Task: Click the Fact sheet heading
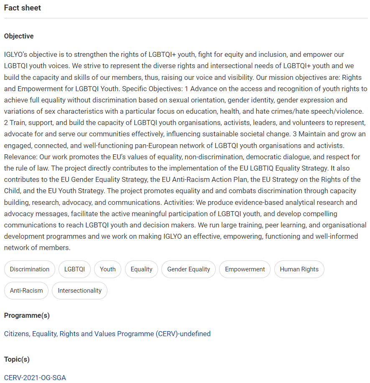pyautogui.click(x=23, y=8)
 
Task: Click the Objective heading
pyautogui.click(x=19, y=36)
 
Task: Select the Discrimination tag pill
pyautogui.click(x=30, y=269)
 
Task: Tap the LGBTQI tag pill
pyautogui.click(x=74, y=269)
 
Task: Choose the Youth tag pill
pyautogui.click(x=107, y=269)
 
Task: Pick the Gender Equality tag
pyautogui.click(x=189, y=269)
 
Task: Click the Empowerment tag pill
pyautogui.click(x=245, y=269)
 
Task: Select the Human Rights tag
pyautogui.click(x=299, y=269)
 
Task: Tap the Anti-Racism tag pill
pyautogui.click(x=26, y=291)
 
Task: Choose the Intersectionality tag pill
pyautogui.click(x=79, y=291)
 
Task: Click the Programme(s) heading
pyautogui.click(x=27, y=316)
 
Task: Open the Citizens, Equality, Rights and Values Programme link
pyautogui.click(x=107, y=334)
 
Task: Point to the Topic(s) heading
pyautogui.click(x=17, y=359)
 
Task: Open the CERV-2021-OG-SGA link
pyautogui.click(x=35, y=378)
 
